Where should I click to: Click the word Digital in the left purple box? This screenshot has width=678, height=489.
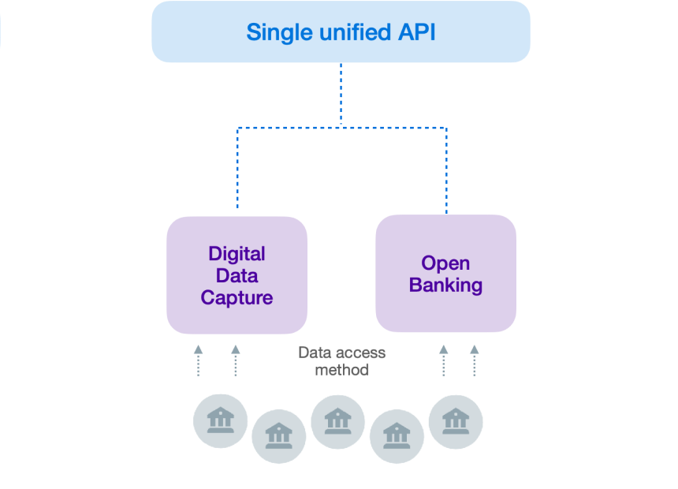[x=237, y=254]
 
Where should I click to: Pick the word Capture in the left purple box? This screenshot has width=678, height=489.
[x=237, y=298]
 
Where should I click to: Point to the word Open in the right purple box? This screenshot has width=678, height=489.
[x=445, y=263]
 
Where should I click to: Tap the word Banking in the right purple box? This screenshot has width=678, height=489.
[x=445, y=286]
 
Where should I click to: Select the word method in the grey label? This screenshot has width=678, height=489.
[x=341, y=370]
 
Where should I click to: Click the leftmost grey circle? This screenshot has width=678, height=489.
[x=221, y=420]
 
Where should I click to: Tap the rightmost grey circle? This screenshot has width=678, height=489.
[x=456, y=422]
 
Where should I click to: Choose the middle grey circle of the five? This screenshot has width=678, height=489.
[x=337, y=422]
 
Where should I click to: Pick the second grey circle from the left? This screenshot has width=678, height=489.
[x=279, y=436]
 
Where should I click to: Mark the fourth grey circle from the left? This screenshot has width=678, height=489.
[x=397, y=436]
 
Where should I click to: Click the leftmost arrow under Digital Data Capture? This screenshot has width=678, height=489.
[x=198, y=360]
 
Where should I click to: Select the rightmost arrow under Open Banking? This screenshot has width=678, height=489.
[x=474, y=360]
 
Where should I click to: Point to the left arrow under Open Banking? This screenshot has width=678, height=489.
[x=443, y=360]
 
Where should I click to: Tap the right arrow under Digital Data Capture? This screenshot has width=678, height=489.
[x=235, y=360]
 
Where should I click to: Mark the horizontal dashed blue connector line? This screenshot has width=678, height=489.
[x=341, y=127]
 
